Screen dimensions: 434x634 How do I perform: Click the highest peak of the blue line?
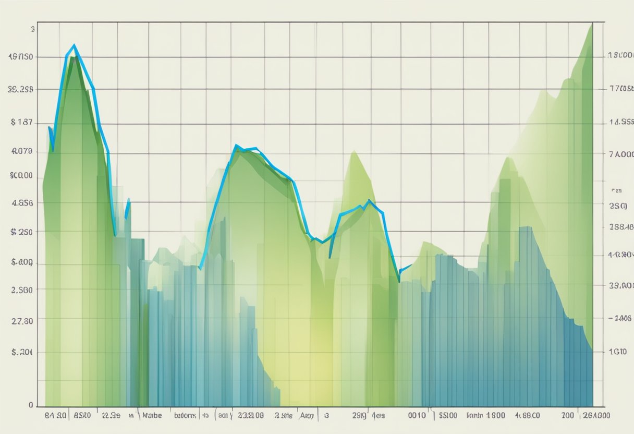75,45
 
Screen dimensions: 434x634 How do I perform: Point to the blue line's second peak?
236,146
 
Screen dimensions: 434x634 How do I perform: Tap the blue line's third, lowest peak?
369,201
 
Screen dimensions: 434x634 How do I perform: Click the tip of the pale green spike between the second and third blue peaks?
355,152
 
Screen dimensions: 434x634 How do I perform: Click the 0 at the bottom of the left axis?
31,404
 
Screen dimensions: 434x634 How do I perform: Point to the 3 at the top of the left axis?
33,30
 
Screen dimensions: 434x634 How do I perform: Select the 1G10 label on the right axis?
618,352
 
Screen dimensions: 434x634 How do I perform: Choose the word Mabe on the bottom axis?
151,416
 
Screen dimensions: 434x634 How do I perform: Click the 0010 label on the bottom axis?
417,416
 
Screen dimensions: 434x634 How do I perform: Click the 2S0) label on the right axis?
618,206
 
